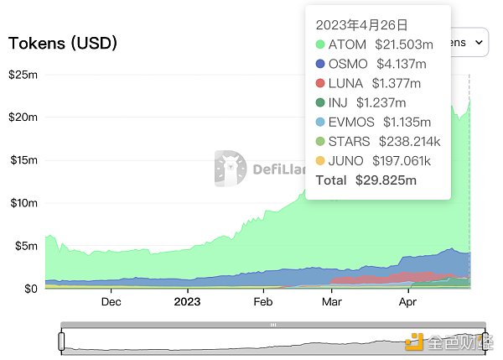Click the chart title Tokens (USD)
coord(63,42)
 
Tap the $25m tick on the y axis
coord(23,75)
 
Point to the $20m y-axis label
coord(23,117)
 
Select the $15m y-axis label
coord(23,160)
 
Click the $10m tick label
coord(23,203)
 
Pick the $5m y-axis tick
coord(25,246)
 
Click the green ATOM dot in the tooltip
coord(321,44)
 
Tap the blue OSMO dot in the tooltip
coord(321,64)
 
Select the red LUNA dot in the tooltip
coord(321,83)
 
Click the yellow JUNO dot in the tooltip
coord(321,160)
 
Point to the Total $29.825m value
coord(386,180)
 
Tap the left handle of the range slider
coord(61,342)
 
